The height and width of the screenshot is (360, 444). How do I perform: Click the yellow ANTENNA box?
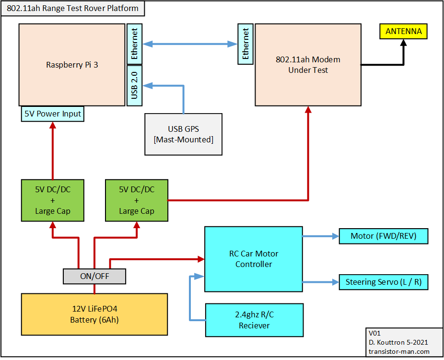(x=403, y=31)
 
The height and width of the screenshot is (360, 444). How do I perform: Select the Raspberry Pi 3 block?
(x=72, y=65)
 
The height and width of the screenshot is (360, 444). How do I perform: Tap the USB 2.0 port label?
(x=135, y=85)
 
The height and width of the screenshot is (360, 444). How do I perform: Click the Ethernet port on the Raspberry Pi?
(x=135, y=44)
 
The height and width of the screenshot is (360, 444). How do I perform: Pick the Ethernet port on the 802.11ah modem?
(x=245, y=44)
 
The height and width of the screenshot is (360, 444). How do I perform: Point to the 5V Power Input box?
(x=53, y=114)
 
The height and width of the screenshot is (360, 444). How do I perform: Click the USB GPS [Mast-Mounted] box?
(x=184, y=134)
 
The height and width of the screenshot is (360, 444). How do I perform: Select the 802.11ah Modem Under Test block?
(x=308, y=65)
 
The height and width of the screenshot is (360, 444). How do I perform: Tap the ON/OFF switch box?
(x=94, y=276)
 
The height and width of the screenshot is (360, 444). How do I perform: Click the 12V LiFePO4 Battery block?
(x=94, y=314)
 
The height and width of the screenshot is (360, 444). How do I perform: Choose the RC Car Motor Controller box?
(x=254, y=259)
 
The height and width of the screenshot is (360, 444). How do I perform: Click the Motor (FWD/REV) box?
(x=384, y=236)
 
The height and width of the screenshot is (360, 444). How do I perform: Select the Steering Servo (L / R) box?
(x=384, y=282)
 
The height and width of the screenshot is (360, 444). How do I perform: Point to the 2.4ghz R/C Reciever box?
(x=254, y=320)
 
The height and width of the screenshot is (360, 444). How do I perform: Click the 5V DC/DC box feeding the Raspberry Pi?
(x=53, y=200)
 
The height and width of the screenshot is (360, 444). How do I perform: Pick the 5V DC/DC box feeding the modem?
(x=137, y=200)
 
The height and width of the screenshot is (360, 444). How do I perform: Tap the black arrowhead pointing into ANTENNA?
(x=404, y=43)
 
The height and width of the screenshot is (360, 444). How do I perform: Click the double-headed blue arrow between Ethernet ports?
(x=190, y=44)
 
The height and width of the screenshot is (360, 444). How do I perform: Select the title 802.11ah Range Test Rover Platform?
(x=72, y=8)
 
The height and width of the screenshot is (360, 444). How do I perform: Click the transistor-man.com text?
(x=399, y=351)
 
